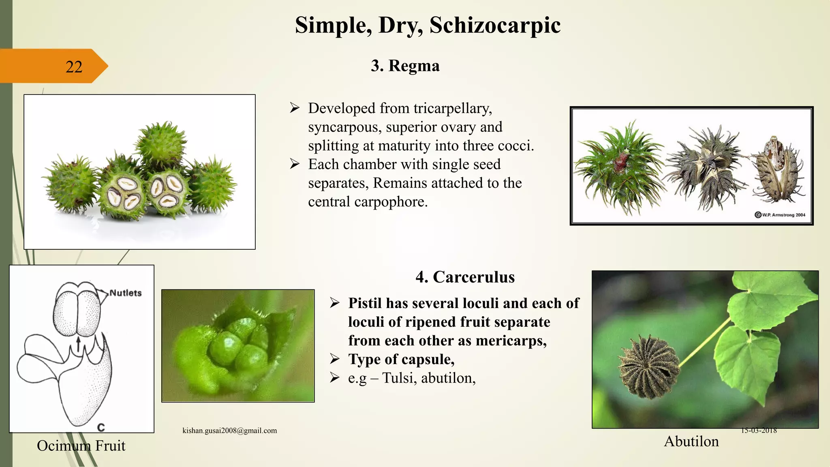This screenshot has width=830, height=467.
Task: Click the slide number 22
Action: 74,67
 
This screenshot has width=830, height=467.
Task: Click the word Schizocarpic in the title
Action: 495,25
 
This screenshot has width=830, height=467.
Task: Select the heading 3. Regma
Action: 405,66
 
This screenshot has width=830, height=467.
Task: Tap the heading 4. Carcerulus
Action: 465,277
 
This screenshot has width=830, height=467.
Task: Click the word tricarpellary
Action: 452,108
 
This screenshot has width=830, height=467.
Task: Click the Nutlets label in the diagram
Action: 126,293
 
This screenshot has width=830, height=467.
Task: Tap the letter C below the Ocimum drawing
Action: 101,427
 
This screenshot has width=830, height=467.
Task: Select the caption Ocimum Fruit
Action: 81,446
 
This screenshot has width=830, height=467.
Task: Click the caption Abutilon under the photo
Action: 691,441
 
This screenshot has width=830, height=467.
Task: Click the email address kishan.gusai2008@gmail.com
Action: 229,431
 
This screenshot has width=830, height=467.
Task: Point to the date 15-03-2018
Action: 759,431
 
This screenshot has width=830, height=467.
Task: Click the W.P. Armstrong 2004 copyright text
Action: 783,215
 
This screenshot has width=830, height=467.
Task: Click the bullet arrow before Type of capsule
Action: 334,359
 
